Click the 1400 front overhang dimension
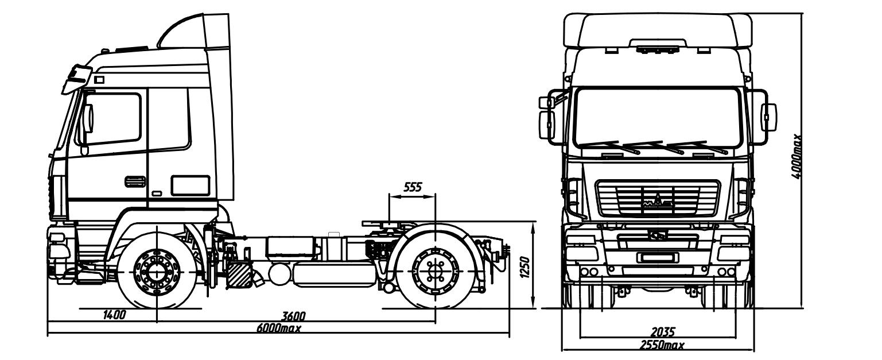[x=115, y=315]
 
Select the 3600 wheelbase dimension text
[x=294, y=316]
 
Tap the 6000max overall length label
[x=279, y=328]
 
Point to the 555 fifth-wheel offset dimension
[x=413, y=187]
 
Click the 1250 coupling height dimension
[x=525, y=268]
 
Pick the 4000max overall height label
[x=796, y=157]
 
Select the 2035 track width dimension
[x=663, y=332]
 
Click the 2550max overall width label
[x=662, y=346]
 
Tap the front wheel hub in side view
[x=157, y=272]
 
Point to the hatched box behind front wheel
[x=239, y=275]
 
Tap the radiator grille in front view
[x=658, y=198]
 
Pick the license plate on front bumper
[x=657, y=258]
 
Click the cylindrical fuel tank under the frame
[x=334, y=274]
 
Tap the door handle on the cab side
[x=135, y=181]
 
